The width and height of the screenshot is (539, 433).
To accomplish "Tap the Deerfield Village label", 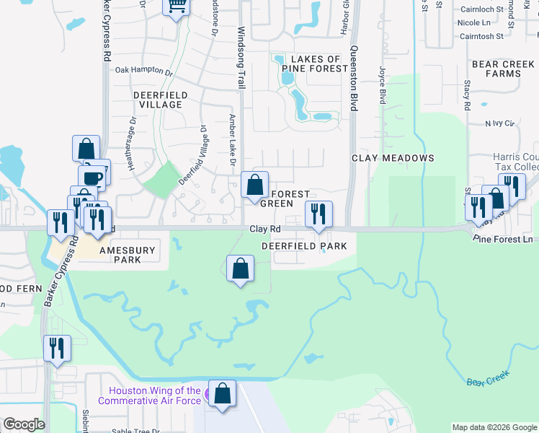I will tap(161, 100).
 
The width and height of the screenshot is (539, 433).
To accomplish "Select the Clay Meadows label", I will tap(393, 158).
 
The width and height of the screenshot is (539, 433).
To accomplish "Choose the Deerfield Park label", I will tap(304, 246).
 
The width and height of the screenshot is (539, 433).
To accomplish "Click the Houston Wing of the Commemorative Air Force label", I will tap(155, 395).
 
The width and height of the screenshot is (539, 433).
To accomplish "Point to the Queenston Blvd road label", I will tap(354, 79).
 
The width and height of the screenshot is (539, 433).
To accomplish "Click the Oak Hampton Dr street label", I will tap(145, 71).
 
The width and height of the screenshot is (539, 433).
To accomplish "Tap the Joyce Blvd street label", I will tap(382, 84).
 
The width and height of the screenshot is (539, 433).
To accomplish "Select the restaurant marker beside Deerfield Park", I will tap(318, 214).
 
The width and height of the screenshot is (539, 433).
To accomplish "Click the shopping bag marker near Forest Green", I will tap(254, 185).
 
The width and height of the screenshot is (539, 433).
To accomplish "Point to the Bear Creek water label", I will tap(488, 377).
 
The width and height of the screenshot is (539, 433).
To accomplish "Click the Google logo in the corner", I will tap(24, 424).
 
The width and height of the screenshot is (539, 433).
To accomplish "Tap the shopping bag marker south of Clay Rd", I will tap(241, 269).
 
